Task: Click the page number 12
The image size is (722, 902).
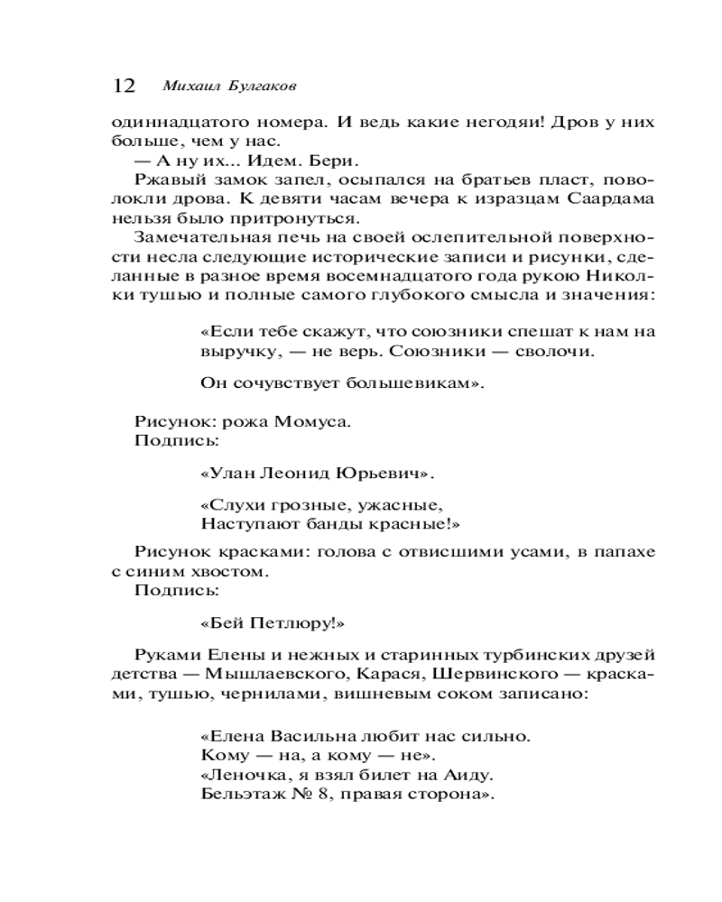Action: (x=124, y=86)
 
